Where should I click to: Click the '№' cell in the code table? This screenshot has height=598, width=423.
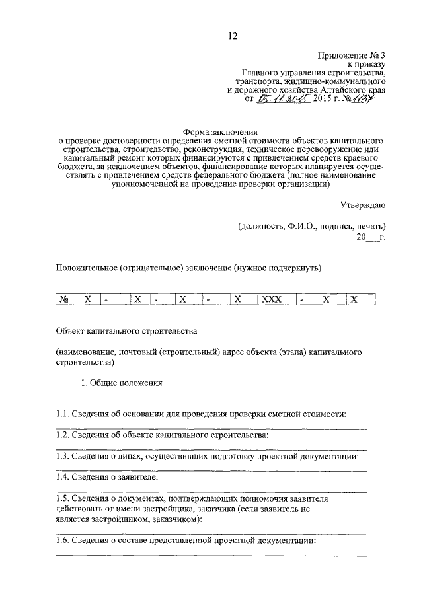coord(65,299)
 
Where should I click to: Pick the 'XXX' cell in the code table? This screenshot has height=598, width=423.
coord(272,299)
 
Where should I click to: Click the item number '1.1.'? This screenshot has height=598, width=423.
coord(62,414)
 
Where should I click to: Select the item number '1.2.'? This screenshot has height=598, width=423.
coord(62,435)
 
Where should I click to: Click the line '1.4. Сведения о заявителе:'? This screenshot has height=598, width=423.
coord(107,477)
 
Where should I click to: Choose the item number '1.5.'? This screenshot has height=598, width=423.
coord(62,500)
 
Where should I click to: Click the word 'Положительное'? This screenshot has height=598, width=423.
coord(85,268)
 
